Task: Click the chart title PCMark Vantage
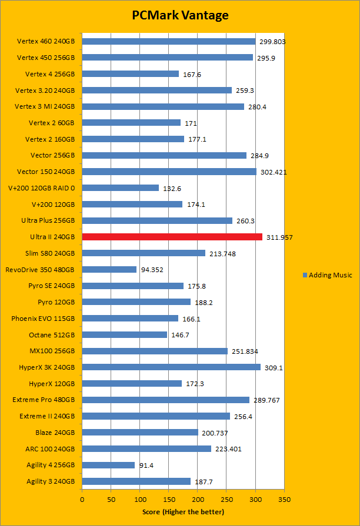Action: pos(179,15)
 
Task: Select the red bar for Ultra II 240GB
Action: pos(172,237)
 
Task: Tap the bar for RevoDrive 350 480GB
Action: pos(109,269)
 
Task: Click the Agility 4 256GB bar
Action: pos(108,465)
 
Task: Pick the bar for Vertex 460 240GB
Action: pos(168,42)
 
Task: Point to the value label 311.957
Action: pos(279,237)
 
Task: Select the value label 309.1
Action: pos(274,367)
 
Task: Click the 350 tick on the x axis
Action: pos(284,499)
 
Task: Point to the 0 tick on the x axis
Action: pos(82,499)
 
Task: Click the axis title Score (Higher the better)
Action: pos(183,512)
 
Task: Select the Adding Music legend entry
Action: pos(327,275)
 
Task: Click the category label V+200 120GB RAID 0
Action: pos(46,188)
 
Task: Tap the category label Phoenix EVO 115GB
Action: pos(43,319)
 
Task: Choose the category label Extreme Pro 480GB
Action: pos(44,400)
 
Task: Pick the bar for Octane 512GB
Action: pos(125,334)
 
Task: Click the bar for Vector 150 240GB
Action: pos(169,172)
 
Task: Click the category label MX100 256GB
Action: pos(52,351)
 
